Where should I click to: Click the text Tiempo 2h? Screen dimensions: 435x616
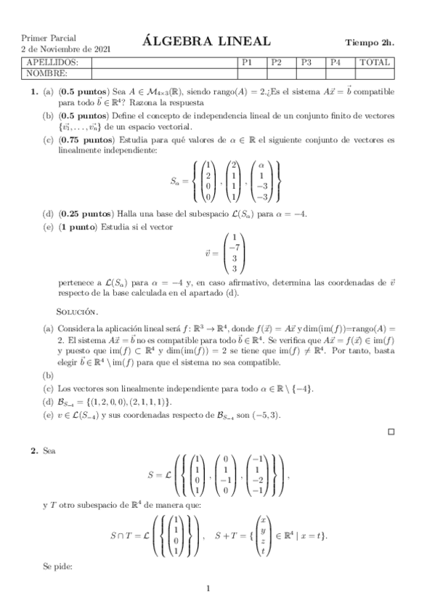tap(370, 42)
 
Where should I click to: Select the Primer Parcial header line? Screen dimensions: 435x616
tap(49, 37)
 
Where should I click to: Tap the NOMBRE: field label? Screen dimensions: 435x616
tap(46, 73)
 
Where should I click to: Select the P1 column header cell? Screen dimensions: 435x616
tap(247, 63)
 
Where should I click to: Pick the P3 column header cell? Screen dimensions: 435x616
tap(306, 63)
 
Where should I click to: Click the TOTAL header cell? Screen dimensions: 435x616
tap(375, 63)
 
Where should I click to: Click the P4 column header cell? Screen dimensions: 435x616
tap(335, 63)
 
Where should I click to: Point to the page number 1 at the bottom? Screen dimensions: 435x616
tap(208, 588)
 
